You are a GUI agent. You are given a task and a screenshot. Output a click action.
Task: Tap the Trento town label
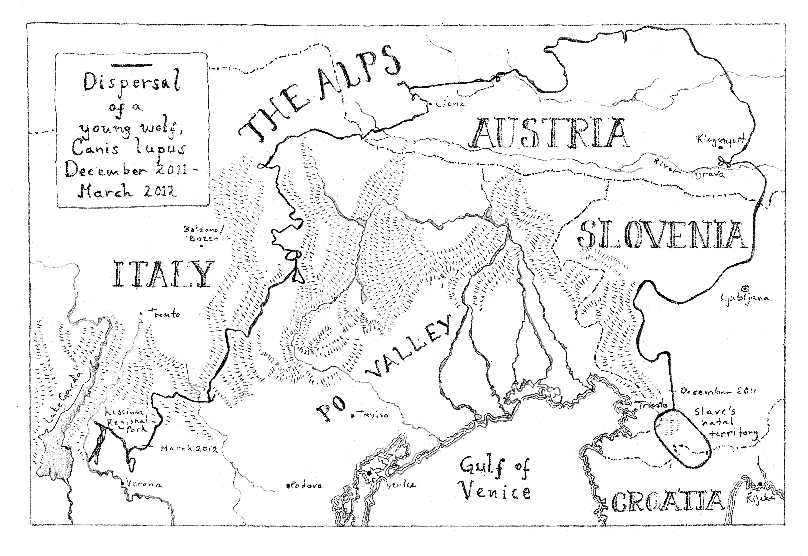click(164, 314)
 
